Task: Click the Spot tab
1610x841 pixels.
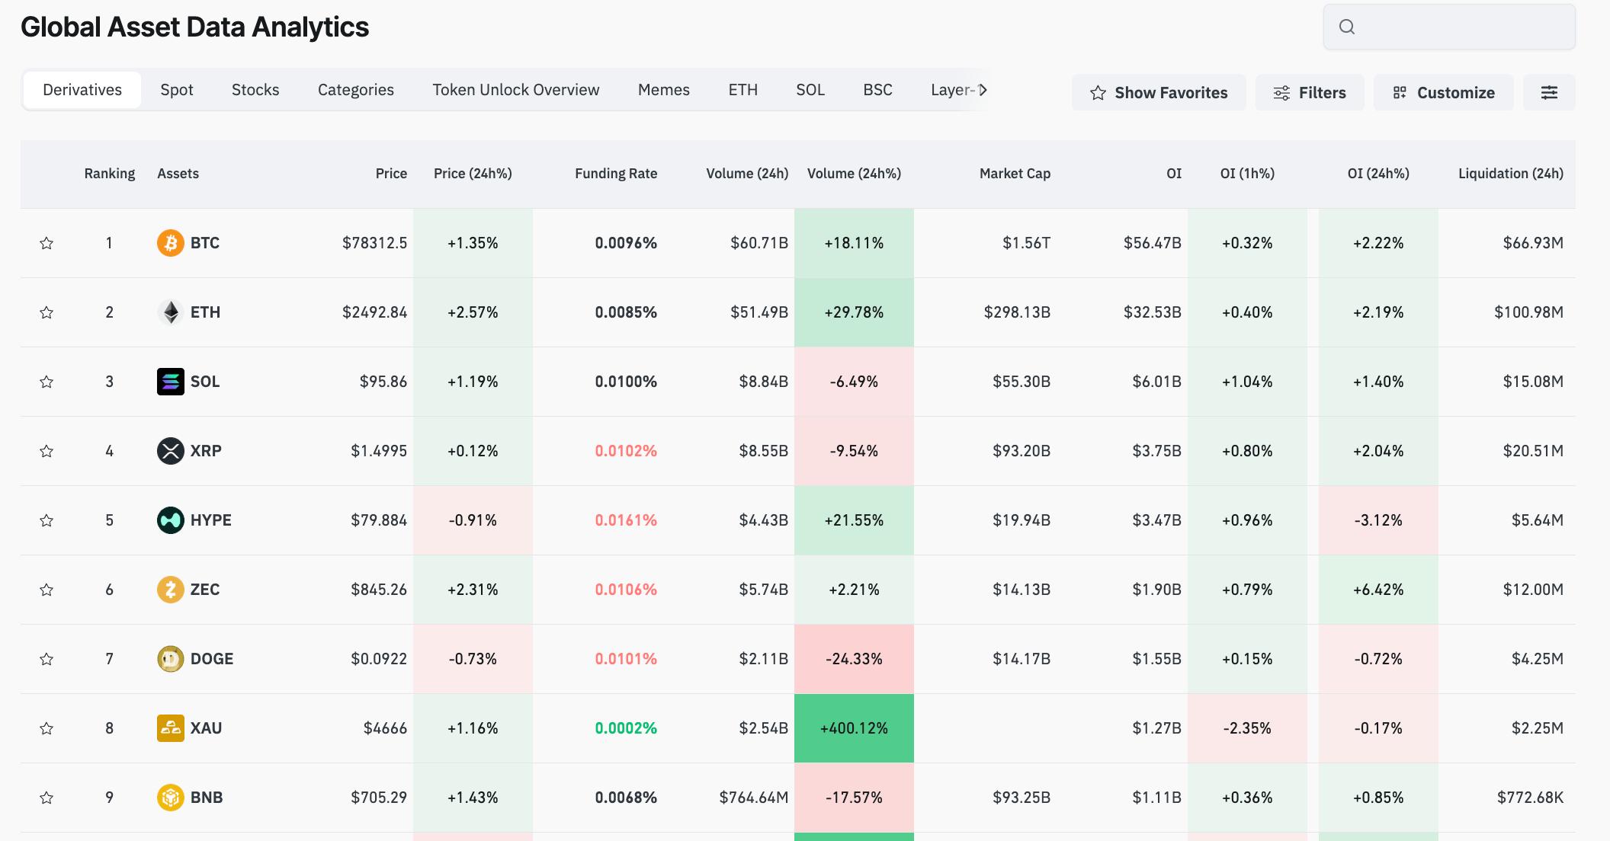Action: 177,90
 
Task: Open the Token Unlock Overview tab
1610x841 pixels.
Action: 516,90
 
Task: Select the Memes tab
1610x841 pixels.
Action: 664,90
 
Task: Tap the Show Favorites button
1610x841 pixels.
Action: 1159,92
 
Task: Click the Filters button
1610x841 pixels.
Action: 1310,92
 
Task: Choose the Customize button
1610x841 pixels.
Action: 1444,92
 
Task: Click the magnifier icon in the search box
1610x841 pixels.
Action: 1347,27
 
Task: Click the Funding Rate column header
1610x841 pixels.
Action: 616,174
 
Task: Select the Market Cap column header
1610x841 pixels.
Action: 1015,174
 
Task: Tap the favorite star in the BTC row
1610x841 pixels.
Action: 47,243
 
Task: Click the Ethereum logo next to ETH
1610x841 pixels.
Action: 171,312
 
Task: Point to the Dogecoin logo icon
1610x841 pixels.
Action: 171,659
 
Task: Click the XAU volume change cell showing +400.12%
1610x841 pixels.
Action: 854,728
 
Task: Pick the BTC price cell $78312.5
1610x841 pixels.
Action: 374,243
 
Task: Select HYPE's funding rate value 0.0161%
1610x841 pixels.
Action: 626,520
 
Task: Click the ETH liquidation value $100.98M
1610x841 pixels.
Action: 1528,312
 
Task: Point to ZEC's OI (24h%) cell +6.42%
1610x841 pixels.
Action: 1378,590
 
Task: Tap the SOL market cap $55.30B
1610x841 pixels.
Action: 1021,382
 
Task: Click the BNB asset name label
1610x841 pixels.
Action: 207,798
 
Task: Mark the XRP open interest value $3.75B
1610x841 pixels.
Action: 1157,451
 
